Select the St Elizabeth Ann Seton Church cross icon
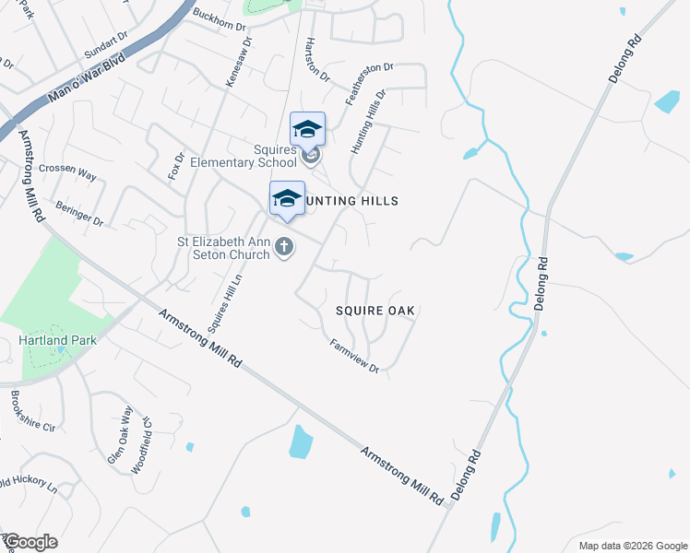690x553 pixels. [285, 246]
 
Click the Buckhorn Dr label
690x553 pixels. [220, 20]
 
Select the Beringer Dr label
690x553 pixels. [79, 214]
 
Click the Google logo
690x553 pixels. [30, 541]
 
